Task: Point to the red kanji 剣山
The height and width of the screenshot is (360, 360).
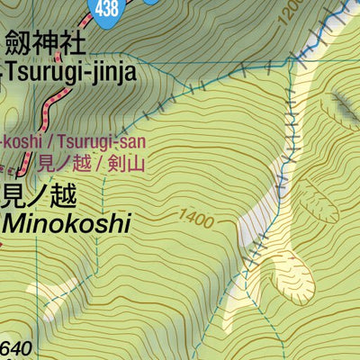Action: [128, 164]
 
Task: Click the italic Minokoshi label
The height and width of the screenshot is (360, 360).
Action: [67, 221]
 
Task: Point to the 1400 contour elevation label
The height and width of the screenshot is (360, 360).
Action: [198, 216]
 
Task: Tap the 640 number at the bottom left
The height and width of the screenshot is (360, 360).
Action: [15, 349]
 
